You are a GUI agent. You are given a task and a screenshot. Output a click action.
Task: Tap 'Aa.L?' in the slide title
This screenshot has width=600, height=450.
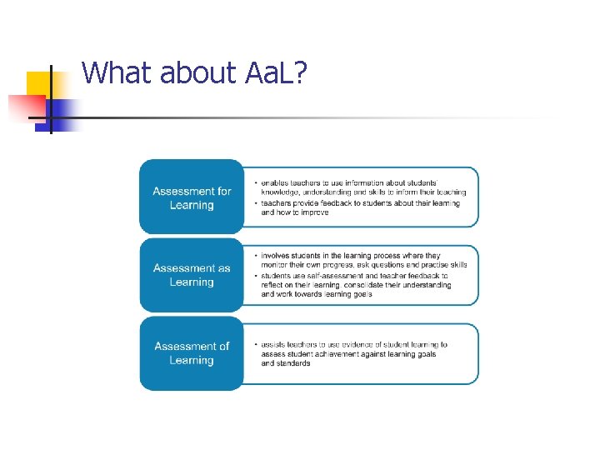[x=276, y=73]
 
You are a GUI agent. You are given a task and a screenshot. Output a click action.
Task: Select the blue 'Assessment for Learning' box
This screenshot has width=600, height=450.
[x=191, y=197]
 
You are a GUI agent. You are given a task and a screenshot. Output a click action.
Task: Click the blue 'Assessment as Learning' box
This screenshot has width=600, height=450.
[x=191, y=275]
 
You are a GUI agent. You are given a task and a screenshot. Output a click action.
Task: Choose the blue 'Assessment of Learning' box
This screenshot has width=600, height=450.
[x=191, y=352]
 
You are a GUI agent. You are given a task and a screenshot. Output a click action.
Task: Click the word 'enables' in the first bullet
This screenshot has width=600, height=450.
[x=275, y=182]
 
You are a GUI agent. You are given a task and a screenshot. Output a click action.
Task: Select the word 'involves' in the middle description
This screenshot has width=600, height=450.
[x=277, y=255]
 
